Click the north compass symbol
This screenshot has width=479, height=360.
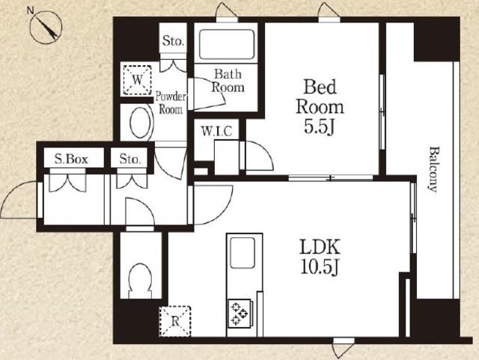point(46,28)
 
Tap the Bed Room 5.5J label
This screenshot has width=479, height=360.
point(320,107)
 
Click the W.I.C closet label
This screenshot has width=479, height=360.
point(216,131)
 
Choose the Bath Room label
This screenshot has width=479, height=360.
point(228,81)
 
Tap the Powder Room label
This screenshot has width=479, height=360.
point(171,103)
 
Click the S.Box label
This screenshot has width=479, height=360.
point(71,159)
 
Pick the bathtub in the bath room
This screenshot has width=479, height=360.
point(227,44)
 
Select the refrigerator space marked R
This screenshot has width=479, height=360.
point(175,321)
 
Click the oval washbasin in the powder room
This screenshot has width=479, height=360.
point(141,123)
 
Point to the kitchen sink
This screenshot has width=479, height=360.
point(242,253)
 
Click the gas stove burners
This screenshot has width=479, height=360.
point(239,314)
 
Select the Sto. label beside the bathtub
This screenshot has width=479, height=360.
point(173,40)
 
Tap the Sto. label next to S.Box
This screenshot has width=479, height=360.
point(130,159)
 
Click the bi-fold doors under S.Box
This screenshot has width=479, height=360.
point(68,183)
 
